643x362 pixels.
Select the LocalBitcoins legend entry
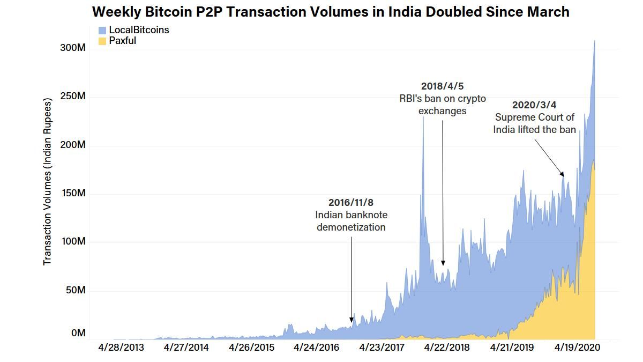click(138, 30)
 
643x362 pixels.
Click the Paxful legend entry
click(122, 41)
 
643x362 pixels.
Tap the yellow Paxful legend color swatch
click(102, 41)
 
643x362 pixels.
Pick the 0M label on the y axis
click(78, 333)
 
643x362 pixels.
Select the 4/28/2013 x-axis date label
click(121, 348)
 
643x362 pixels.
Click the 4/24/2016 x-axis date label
click(316, 348)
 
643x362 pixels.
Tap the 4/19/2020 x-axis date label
click(577, 348)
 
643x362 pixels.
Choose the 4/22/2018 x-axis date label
click(446, 348)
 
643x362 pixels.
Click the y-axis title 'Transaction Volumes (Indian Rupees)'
click(48, 181)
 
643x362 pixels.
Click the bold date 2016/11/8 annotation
click(350, 203)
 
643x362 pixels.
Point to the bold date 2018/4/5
click(442, 86)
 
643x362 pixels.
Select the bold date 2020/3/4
click(534, 105)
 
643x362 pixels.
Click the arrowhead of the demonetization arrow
click(352, 320)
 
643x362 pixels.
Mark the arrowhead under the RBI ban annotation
click(443, 263)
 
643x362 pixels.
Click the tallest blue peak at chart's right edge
click(594, 41)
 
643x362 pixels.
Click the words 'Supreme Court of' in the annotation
click(534, 117)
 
